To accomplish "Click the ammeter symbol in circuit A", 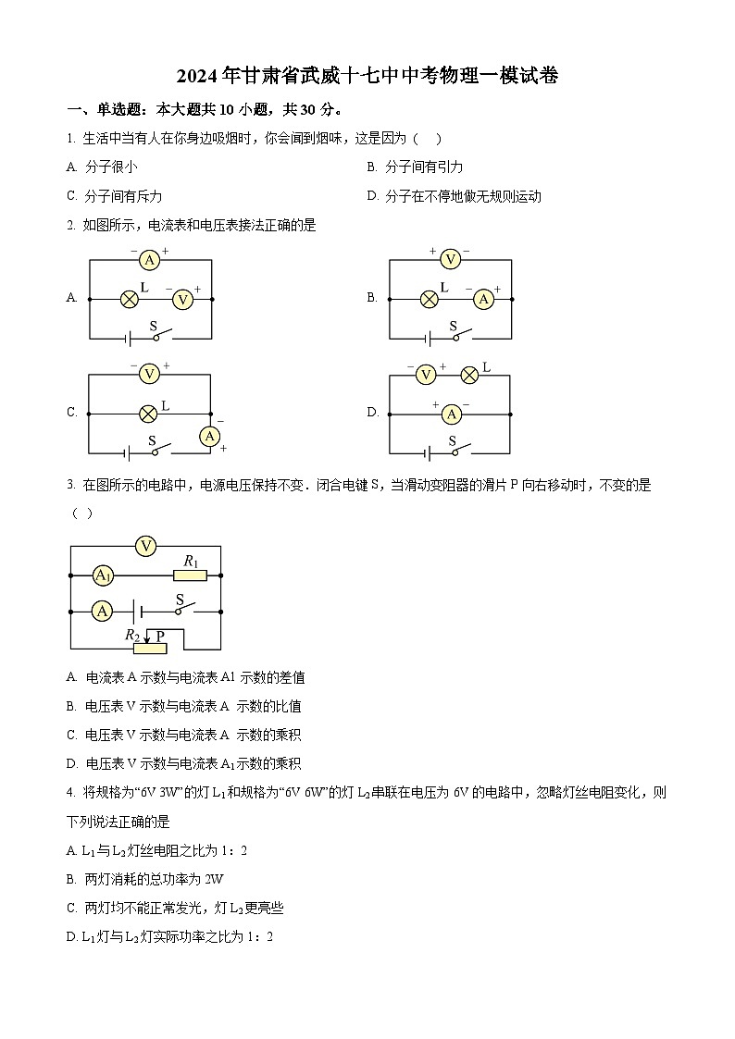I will pos(149,260).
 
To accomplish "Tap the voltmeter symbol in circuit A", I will pos(182,299).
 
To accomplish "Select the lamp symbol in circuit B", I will pos(430,299).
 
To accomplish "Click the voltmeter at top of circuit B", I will pos(450,259).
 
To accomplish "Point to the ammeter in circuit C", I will pos(210,436).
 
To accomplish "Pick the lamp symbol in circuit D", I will pos(469,374).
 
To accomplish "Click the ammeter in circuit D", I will pos(451,414).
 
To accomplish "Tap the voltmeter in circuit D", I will pos(426,374).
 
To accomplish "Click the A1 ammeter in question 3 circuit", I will pos(103,575).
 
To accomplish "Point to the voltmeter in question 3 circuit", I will pos(145,546).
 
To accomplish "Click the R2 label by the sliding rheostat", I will pos(132,635).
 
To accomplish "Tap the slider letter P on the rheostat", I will pos(160,636).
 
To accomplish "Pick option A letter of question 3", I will pos(71,677).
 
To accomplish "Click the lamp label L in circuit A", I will pos(144,288).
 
